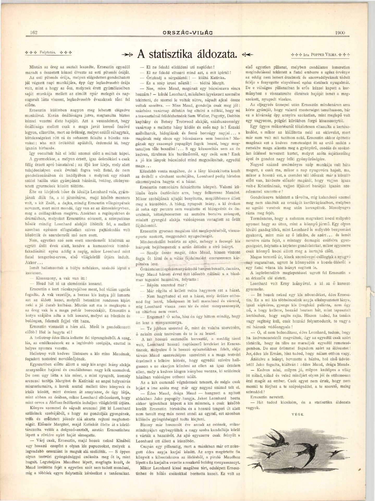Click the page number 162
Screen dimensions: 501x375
(x=34, y=33)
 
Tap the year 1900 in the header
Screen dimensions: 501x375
(x=339, y=33)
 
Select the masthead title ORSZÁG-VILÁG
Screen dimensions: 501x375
(x=187, y=33)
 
